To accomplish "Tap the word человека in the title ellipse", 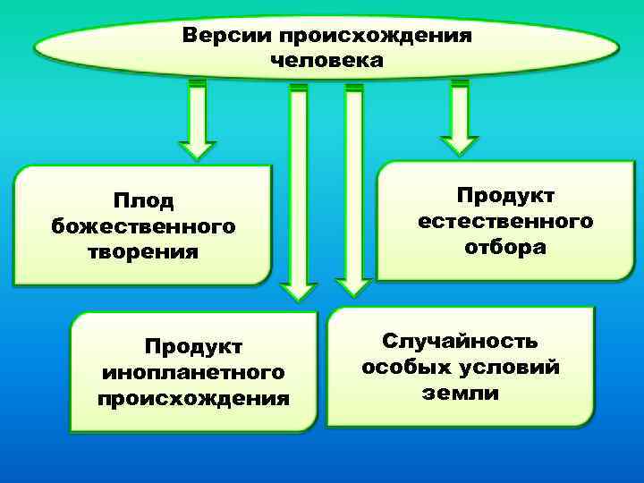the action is (326, 61).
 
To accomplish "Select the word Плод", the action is (143, 201).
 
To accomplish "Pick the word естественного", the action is (505, 220).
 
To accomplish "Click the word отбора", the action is (505, 246).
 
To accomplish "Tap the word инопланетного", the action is (194, 370).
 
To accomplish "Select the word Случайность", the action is (461, 342).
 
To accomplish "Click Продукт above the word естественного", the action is (505, 195).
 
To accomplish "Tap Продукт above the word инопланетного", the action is (194, 345).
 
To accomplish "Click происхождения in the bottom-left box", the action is (194, 396).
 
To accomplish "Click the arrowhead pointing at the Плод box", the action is (197, 148).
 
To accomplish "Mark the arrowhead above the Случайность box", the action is (353, 285).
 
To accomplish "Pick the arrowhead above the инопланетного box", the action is (299, 291).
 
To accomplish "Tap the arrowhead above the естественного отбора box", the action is (460, 144).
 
